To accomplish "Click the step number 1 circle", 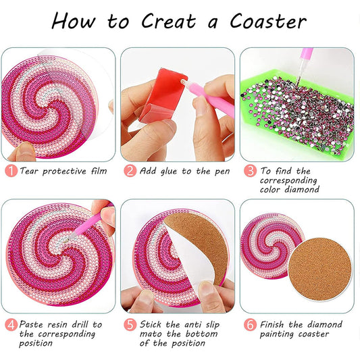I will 11,171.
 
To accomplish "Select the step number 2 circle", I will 130,171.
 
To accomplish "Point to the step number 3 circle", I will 250,171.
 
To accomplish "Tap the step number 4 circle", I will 11,325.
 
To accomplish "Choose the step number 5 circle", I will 130,325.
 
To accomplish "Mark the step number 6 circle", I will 250,325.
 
